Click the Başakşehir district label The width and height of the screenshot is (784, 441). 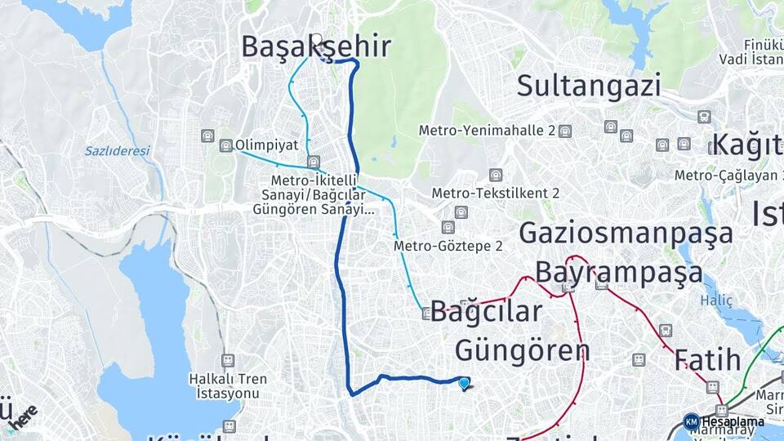click(316, 47)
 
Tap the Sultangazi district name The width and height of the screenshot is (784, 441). click(588, 85)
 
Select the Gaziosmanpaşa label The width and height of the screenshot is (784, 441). click(626, 234)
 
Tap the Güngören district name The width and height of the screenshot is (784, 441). click(522, 350)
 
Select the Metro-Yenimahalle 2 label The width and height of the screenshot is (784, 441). click(487, 131)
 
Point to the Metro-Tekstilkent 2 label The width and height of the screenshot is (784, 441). click(496, 194)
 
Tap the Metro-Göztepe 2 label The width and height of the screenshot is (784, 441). click(448, 245)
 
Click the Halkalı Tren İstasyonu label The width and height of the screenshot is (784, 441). click(224, 386)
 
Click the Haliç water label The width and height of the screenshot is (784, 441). click(717, 301)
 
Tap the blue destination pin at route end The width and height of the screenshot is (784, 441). click(465, 383)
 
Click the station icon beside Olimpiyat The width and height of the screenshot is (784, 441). click(225, 145)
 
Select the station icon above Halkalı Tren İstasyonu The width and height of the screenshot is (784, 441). click(228, 360)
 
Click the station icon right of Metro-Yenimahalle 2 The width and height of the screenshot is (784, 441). click(565, 131)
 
